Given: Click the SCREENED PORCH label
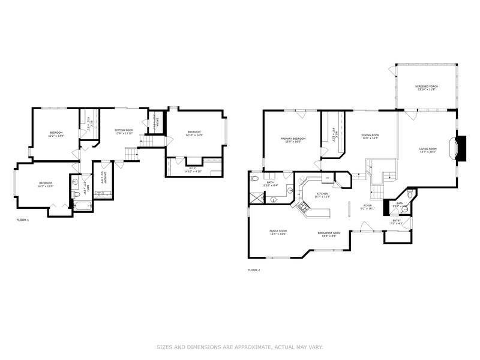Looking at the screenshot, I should pyautogui.click(x=426, y=86).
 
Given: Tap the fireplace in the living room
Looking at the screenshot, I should pyautogui.click(x=461, y=147).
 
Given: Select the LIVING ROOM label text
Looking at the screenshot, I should pyautogui.click(x=427, y=149).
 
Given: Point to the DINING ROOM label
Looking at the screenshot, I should pyautogui.click(x=370, y=136).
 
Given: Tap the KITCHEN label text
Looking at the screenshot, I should pyautogui.click(x=323, y=194).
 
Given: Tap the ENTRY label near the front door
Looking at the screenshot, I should pyautogui.click(x=397, y=220).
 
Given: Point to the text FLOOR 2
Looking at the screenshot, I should pyautogui.click(x=254, y=270).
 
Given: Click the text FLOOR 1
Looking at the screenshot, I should pyautogui.click(x=22, y=220).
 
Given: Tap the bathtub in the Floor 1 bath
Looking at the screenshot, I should pyautogui.click(x=82, y=206).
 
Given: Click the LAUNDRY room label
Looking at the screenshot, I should pyautogui.click(x=103, y=177).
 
